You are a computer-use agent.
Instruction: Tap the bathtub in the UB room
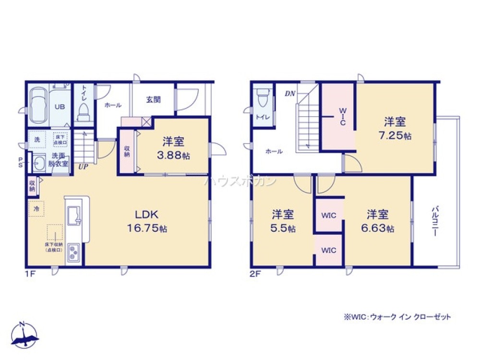(x=39, y=106)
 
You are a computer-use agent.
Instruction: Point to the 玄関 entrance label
(x=153, y=100)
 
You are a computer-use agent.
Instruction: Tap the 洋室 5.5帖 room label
(x=284, y=220)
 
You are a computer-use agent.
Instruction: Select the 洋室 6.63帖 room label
(x=378, y=220)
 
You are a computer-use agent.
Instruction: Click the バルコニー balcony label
(x=435, y=221)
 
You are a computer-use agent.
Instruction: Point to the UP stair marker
(x=83, y=167)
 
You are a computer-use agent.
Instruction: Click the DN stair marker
(x=290, y=93)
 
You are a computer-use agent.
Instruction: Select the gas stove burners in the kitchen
(x=75, y=251)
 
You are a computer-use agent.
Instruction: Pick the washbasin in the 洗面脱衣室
(x=39, y=163)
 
